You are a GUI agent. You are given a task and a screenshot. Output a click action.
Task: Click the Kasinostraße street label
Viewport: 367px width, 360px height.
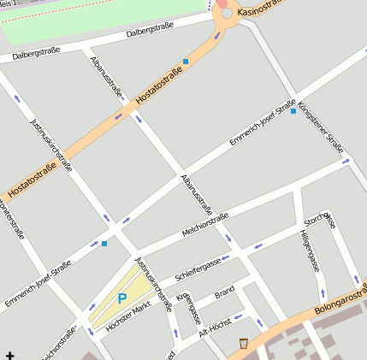click(259, 10)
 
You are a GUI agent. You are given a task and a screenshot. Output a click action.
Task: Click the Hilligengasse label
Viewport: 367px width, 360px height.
click(309, 250)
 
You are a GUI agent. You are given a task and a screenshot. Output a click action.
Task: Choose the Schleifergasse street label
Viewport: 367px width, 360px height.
click(198, 269)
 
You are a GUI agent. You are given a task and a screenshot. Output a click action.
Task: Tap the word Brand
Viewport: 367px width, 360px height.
click(224, 292)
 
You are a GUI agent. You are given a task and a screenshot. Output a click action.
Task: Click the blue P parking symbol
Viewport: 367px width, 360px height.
click(121, 299)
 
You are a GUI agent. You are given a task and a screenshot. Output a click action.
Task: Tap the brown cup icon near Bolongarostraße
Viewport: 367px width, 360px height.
click(244, 343)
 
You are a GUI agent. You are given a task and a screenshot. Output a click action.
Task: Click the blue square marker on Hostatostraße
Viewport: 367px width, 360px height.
click(186, 62)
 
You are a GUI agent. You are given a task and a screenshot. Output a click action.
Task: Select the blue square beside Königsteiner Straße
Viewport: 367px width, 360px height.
click(293, 111)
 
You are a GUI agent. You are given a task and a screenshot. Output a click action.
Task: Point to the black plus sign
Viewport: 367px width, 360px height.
click(9, 354)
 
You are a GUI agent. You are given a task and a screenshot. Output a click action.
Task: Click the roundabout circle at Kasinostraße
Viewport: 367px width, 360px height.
click(227, 13)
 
